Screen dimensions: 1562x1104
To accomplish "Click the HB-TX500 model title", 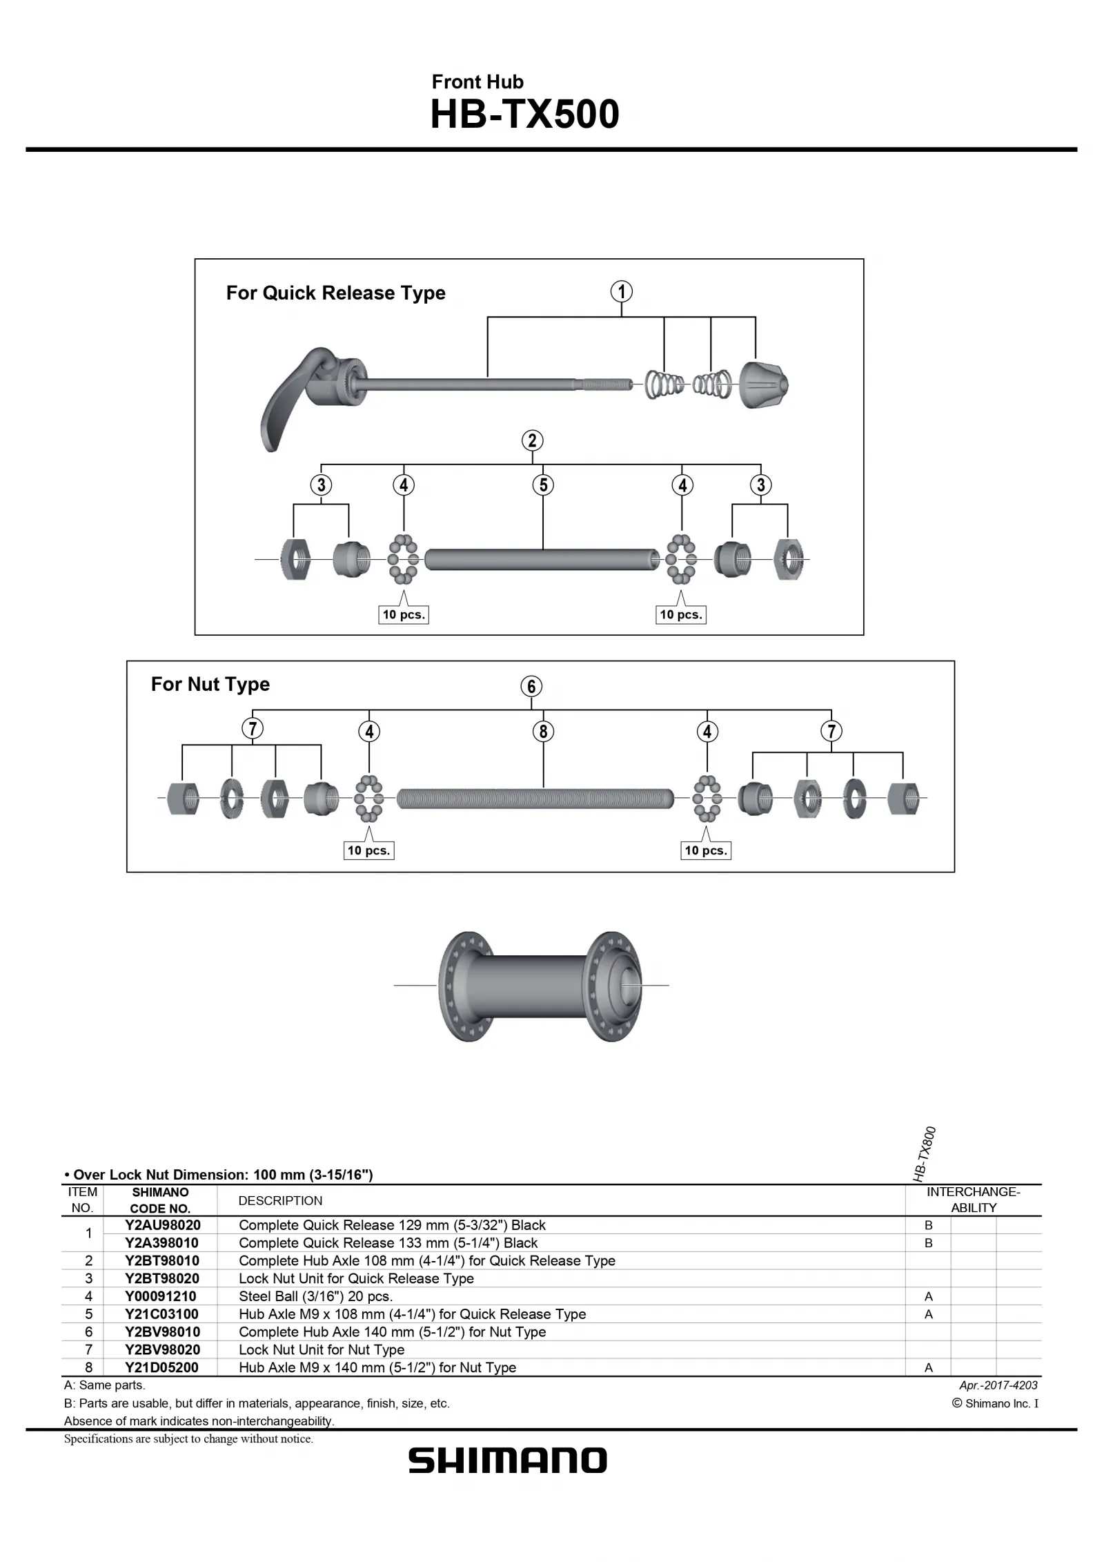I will pyautogui.click(x=524, y=115).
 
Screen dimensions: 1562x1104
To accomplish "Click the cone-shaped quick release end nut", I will pyautogui.click(x=764, y=384).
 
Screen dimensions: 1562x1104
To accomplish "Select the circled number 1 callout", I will pyautogui.click(x=621, y=291).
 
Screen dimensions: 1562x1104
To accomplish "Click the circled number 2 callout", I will pyautogui.click(x=531, y=440).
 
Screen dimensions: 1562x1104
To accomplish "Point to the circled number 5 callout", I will pyautogui.click(x=543, y=485).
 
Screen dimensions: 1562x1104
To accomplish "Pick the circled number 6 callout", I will pyautogui.click(x=531, y=686).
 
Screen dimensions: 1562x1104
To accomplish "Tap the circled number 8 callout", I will pyautogui.click(x=543, y=731).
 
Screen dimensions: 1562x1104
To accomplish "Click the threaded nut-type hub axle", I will pyautogui.click(x=535, y=799).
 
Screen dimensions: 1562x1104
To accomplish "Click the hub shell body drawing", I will pyautogui.click(x=540, y=985).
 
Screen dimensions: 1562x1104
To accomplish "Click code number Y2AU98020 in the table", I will pyautogui.click(x=162, y=1225).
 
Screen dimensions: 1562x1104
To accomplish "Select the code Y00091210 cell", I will pyautogui.click(x=160, y=1296).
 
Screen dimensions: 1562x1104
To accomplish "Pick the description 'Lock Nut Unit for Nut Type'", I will pyautogui.click(x=322, y=1349).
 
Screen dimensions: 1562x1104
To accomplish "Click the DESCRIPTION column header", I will pyautogui.click(x=280, y=1201).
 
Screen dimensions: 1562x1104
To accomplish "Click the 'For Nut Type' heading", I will pyautogui.click(x=210, y=684).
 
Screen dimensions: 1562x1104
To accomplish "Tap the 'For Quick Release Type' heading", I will pyautogui.click(x=335, y=293).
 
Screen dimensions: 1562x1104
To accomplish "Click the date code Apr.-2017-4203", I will pyautogui.click(x=998, y=1385).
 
